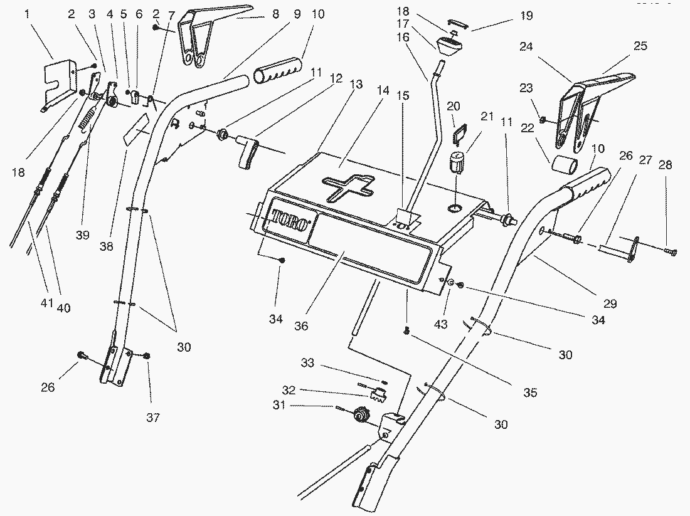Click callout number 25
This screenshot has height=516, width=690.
click(x=640, y=46)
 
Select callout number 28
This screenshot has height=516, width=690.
click(x=665, y=166)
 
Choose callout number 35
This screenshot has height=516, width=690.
click(x=531, y=393)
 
